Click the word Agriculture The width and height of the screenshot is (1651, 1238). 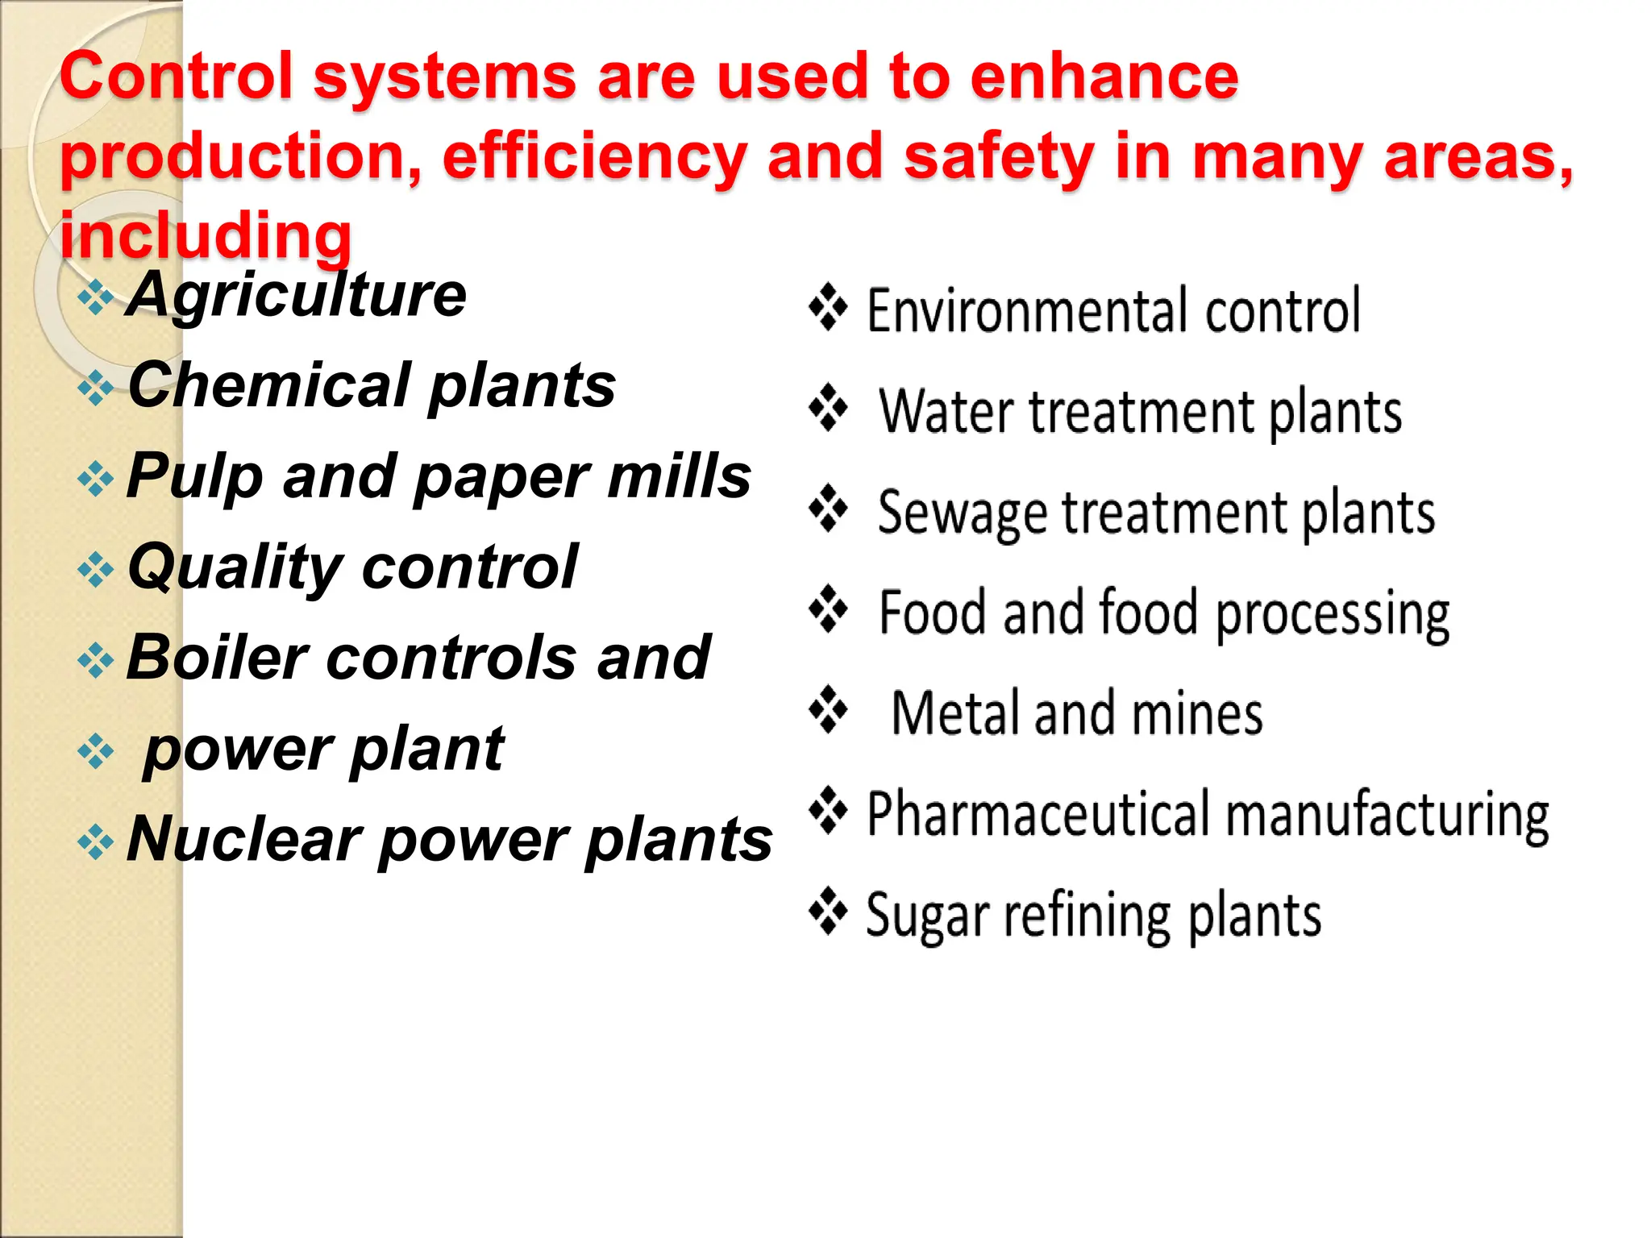tap(297, 295)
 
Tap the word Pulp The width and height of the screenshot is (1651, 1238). tap(194, 477)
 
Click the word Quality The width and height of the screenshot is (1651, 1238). tap(235, 567)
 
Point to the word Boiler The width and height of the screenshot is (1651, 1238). tap(217, 658)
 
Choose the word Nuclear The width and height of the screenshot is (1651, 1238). tap(243, 840)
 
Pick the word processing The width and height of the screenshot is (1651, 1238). tap(1332, 614)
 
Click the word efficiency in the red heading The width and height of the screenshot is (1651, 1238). tap(594, 156)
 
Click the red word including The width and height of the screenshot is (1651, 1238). tap(206, 236)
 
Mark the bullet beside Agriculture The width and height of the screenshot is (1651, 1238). tap(96, 297)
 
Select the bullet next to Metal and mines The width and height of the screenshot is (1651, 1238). tap(828, 708)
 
